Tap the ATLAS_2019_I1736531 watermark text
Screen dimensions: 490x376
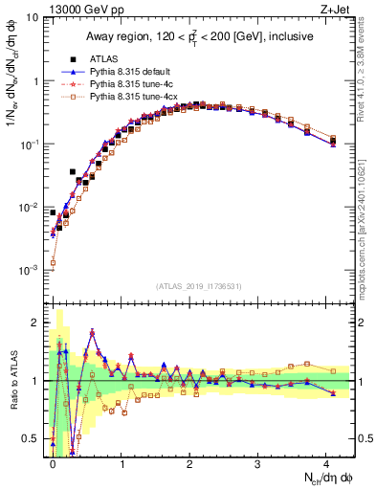[x=199, y=286]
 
